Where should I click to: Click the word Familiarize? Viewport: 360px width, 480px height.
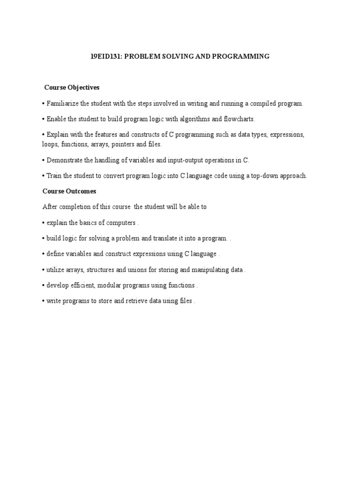click(63, 104)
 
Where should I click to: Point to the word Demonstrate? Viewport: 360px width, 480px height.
click(65, 160)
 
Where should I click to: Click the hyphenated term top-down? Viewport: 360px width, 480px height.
click(262, 176)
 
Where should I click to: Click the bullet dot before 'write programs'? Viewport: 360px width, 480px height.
click(44, 301)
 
